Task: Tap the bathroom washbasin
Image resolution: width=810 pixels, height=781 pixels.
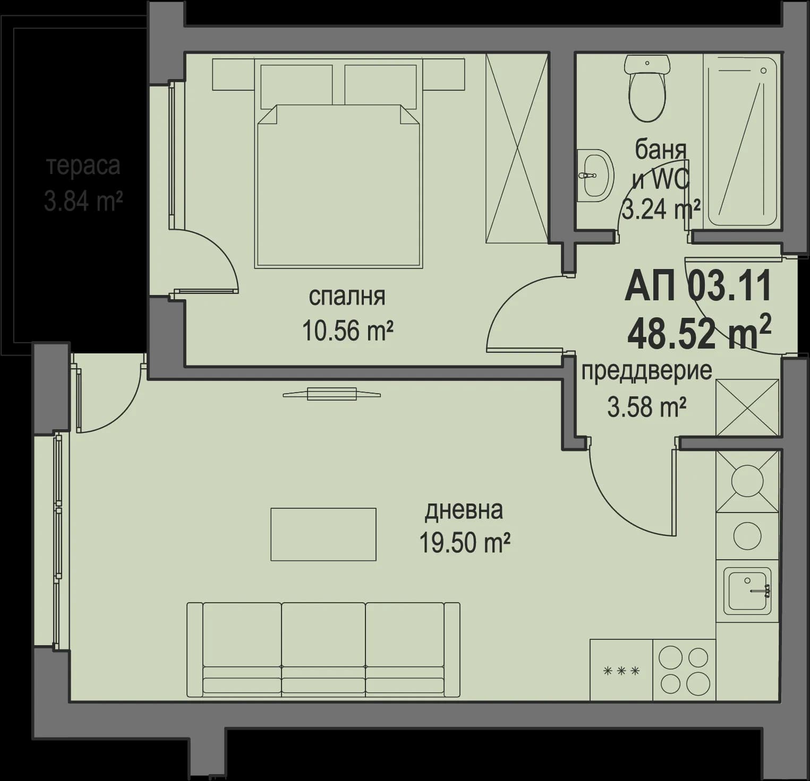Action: pyautogui.click(x=594, y=175)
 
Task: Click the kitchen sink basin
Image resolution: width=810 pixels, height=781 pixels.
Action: pyautogui.click(x=748, y=590)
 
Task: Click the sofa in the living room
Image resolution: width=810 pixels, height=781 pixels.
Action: pyautogui.click(x=323, y=649)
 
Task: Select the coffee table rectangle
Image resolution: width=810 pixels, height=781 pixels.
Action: pyautogui.click(x=323, y=534)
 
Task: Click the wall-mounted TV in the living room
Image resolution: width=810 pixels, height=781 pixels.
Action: pyautogui.click(x=331, y=394)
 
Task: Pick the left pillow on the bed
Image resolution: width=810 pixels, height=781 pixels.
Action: pyautogui.click(x=296, y=85)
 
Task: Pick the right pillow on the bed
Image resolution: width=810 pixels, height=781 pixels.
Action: pyautogui.click(x=380, y=85)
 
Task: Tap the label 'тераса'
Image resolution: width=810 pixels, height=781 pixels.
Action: pyautogui.click(x=83, y=166)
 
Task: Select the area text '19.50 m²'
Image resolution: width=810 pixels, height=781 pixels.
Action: pyautogui.click(x=464, y=542)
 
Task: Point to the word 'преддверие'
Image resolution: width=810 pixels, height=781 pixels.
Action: pyautogui.click(x=646, y=371)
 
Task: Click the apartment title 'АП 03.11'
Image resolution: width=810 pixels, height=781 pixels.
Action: pyautogui.click(x=698, y=287)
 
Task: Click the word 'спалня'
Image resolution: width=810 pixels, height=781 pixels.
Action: pyautogui.click(x=347, y=297)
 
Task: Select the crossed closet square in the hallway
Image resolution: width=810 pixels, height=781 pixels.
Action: pyautogui.click(x=747, y=407)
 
